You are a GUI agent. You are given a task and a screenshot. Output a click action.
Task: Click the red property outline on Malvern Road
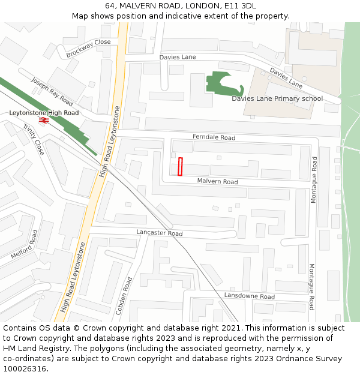click(180, 167)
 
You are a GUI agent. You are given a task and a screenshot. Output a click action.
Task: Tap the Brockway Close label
click(88, 47)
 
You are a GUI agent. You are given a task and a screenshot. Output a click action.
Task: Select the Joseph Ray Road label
click(52, 91)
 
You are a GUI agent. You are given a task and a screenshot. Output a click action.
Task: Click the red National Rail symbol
click(43, 121)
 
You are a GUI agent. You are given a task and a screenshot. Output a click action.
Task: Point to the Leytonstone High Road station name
click(44, 113)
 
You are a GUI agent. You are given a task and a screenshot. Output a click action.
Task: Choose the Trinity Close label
click(34, 139)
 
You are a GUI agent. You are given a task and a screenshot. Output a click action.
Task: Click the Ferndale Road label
click(214, 137)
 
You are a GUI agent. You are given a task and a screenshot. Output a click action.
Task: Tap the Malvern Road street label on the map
click(217, 181)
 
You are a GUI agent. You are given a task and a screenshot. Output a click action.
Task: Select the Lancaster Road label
click(159, 233)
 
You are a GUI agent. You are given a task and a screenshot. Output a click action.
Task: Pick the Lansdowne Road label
click(249, 296)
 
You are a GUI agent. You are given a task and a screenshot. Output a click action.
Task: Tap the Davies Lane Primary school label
click(277, 98)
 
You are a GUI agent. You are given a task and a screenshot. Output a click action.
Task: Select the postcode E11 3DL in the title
click(240, 6)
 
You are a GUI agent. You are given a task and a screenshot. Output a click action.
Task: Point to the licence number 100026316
click(24, 369)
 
